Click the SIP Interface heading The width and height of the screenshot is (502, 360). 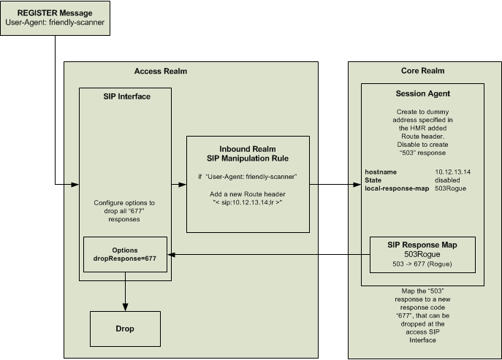tap(125, 96)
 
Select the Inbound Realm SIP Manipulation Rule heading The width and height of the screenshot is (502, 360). tap(248, 153)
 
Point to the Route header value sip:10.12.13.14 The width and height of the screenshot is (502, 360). tap(248, 201)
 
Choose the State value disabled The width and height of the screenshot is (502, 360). tap(448, 180)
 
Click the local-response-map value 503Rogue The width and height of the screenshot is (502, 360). tap(451, 188)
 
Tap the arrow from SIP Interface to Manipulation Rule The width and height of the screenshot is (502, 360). tap(179, 185)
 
